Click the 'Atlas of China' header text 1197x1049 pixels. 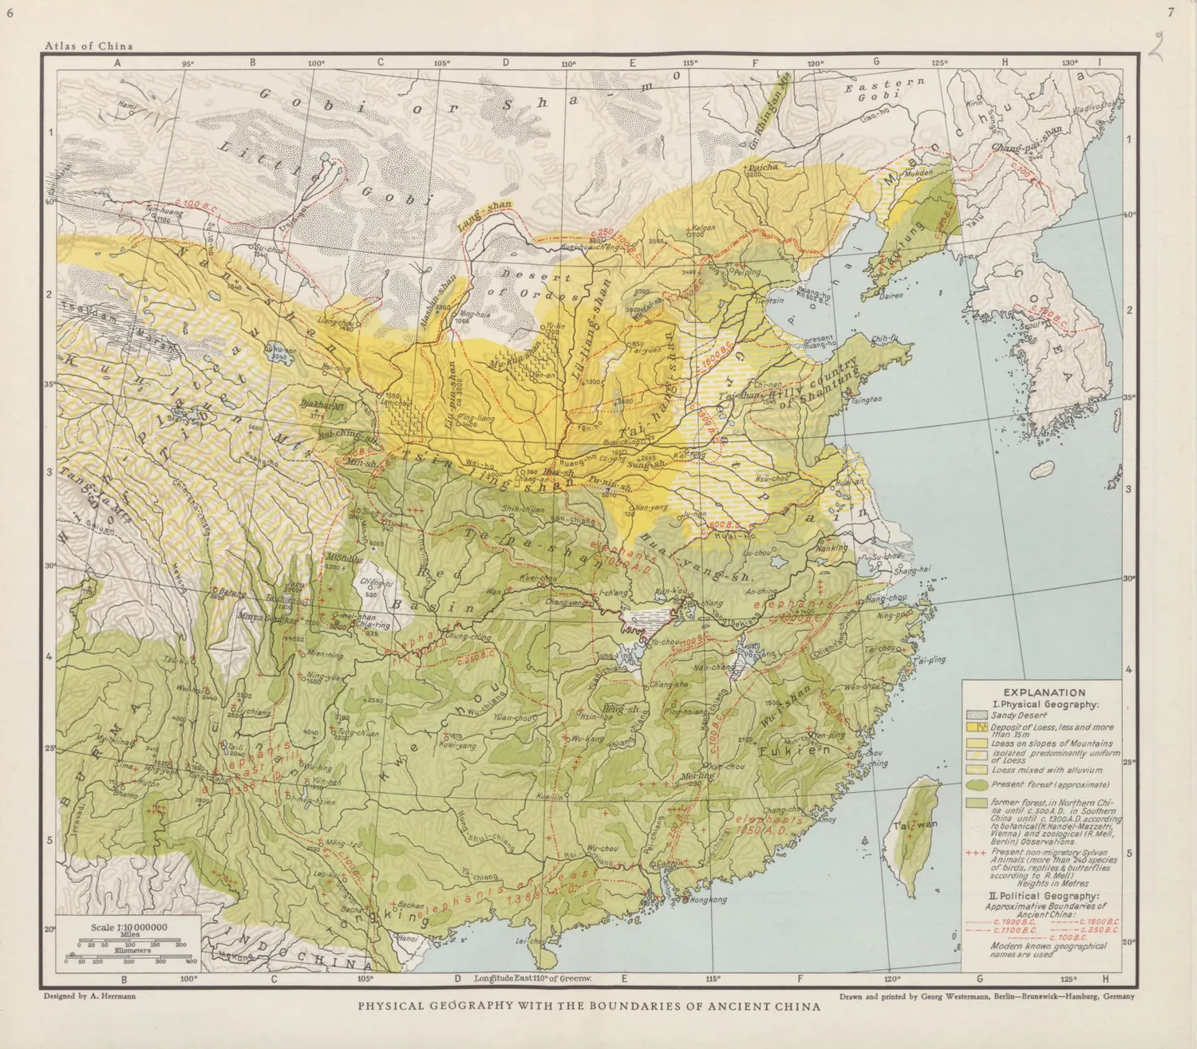(x=89, y=45)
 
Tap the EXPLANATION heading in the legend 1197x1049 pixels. (x=1044, y=692)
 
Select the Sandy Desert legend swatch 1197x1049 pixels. (x=977, y=716)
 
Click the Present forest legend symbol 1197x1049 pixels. (x=978, y=784)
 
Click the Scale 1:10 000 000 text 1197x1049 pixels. (x=128, y=927)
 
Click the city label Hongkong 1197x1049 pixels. (x=709, y=900)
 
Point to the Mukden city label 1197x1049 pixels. (x=918, y=172)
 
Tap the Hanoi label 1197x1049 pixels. (x=408, y=938)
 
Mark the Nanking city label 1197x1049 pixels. (x=832, y=548)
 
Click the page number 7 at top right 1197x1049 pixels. (x=1171, y=12)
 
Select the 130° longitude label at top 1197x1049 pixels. (x=1069, y=62)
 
